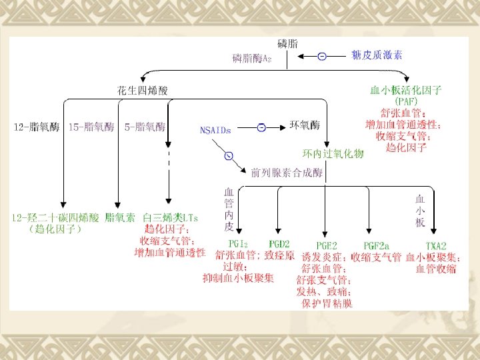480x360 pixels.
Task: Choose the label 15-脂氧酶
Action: pyautogui.click(x=93, y=126)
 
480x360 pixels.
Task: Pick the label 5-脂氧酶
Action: pyautogui.click(x=145, y=126)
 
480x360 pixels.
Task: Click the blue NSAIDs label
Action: pyautogui.click(x=215, y=130)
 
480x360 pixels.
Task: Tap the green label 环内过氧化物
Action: pyautogui.click(x=333, y=154)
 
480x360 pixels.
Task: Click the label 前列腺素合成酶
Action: pyautogui.click(x=287, y=173)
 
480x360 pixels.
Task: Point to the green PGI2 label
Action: pyautogui.click(x=237, y=243)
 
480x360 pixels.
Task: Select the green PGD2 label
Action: pyautogui.click(x=281, y=243)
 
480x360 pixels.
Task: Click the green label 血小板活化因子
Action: pyautogui.click(x=407, y=89)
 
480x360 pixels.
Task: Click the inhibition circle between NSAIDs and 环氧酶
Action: pyautogui.click(x=262, y=127)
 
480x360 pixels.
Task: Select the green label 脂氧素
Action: pyautogui.click(x=120, y=217)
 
